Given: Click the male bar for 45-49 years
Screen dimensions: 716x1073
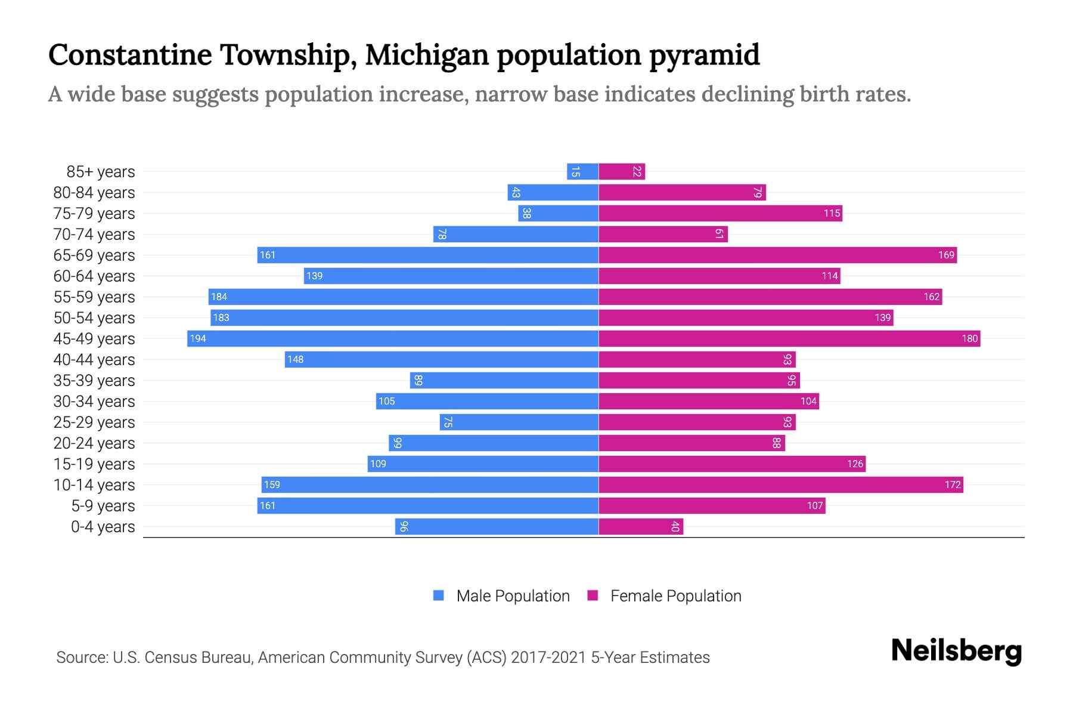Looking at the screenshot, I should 393,338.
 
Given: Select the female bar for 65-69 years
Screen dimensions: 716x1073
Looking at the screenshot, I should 775,255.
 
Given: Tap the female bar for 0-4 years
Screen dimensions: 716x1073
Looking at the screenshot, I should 641,526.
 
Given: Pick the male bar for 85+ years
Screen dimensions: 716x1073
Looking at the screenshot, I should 582,171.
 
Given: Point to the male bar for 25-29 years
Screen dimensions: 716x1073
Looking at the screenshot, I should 519,422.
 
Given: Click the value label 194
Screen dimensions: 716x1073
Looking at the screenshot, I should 198,338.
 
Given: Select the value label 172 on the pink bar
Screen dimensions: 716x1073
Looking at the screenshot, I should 953,484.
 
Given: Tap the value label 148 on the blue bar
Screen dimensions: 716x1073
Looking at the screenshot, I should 295,359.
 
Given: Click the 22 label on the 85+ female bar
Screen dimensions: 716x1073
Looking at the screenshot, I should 637,171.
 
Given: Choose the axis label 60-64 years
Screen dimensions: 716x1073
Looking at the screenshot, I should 94,276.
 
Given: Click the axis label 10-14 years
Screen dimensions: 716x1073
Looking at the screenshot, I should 94,485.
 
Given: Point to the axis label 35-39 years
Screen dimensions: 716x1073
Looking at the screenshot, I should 94,381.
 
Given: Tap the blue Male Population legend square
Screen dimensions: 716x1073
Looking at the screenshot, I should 439,595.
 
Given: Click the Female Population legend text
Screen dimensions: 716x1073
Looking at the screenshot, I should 675,596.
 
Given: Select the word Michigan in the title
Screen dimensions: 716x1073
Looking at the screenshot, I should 427,55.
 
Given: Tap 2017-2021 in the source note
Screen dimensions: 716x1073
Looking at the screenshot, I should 548,658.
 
